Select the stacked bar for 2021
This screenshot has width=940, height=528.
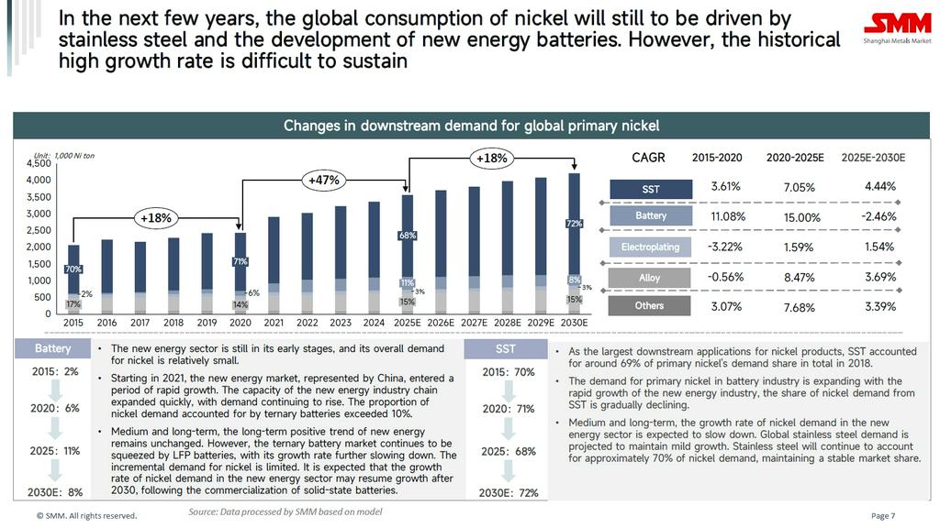pos(274,266)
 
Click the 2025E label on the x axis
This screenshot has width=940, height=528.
pos(408,323)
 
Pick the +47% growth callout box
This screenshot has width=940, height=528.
pos(324,180)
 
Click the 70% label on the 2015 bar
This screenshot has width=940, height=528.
pos(73,269)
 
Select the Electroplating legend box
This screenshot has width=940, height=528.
pos(650,247)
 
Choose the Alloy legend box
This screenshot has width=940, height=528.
pos(650,277)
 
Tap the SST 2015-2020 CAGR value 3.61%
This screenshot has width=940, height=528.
pos(725,186)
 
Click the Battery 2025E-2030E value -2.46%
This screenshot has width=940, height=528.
pos(880,216)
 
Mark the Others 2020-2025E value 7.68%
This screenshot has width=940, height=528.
pos(800,307)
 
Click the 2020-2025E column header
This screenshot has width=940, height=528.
pos(795,158)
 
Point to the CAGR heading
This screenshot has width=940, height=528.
pos(649,158)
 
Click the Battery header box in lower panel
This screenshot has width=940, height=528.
pos(52,349)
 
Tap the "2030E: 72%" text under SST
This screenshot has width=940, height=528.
pos(508,492)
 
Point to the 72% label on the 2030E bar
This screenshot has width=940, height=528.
pos(575,224)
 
